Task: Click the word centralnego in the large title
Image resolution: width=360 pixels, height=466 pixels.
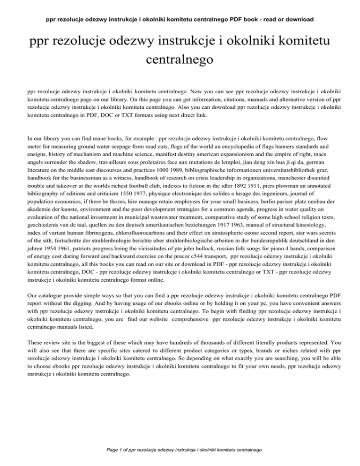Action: (x=180, y=60)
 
